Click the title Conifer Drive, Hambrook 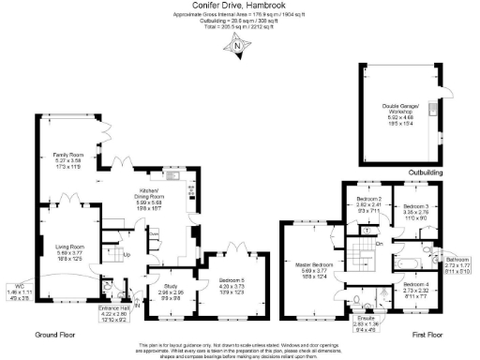point(238,6)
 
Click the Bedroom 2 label point(369,201)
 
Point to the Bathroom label point(459,259)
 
